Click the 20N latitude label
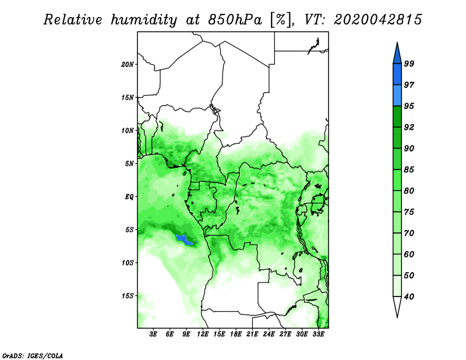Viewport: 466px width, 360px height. pos(128,65)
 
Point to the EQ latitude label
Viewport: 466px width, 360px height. pos(129,197)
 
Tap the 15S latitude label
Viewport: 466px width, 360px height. pos(128,296)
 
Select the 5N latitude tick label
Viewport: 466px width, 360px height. pos(129,164)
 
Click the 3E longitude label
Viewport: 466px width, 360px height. pos(153,334)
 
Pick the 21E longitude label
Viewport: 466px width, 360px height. pos(252,334)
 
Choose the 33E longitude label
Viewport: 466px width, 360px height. pos(318,334)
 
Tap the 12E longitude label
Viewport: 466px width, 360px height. pos(202,334)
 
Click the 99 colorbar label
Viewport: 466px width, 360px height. pos(409,63)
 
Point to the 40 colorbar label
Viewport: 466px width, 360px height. pos(409,297)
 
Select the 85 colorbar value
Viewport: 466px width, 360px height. pos(409,170)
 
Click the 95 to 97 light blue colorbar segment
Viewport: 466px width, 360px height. pos(397,96)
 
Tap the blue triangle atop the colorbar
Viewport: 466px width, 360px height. pos(397,55)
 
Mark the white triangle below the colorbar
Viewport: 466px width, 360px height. pos(397,305)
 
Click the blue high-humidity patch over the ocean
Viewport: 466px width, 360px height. pos(185,239)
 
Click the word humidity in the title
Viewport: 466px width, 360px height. pos(144,20)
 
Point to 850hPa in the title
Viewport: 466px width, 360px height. pos(235,20)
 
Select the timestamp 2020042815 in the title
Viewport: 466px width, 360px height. pos(377,20)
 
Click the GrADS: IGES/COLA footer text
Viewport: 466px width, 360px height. pos(33,355)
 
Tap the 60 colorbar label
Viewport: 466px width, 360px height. pos(409,255)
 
